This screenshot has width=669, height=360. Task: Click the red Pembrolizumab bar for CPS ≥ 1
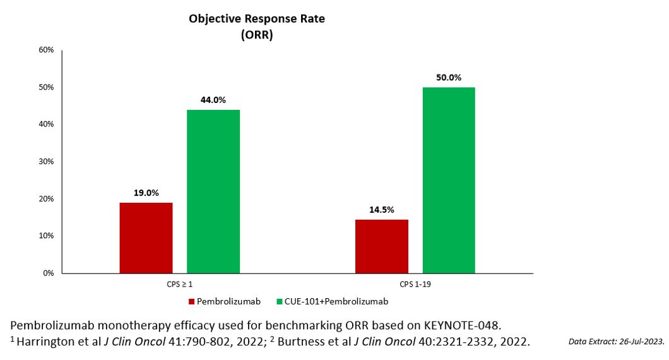146,237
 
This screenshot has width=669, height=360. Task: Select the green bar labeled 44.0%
213,191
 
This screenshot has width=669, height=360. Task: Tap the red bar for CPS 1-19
382,246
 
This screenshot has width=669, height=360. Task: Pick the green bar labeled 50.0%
449,180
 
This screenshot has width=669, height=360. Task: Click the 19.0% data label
146,193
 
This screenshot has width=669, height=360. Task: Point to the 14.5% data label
381,210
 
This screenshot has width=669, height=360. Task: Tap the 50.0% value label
449,78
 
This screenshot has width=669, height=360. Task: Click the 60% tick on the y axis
47,50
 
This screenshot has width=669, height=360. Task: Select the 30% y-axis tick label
47,162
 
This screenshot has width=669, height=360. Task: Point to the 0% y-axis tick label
49,273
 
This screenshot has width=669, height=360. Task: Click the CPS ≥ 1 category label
180,285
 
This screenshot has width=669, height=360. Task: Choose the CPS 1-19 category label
415,285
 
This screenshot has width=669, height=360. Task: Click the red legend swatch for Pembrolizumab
191,302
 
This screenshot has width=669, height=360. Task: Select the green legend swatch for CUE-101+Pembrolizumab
280,302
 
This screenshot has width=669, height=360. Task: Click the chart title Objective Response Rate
257,19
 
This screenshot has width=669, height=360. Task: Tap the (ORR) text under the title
256,35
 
